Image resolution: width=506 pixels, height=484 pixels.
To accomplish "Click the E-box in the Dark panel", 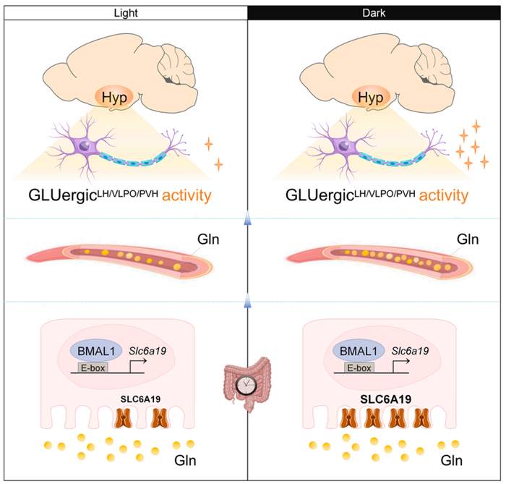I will [x=356, y=368].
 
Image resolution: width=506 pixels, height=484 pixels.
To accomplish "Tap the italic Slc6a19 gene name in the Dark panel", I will [x=409, y=351].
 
